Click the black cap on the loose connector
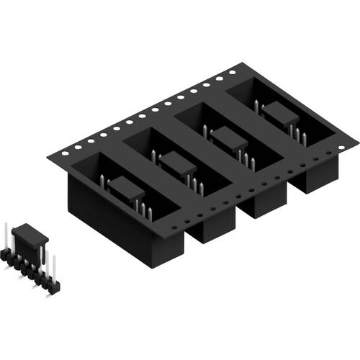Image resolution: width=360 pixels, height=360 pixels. (x=30, y=234)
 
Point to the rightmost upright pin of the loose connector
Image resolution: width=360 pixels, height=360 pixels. (x=53, y=267)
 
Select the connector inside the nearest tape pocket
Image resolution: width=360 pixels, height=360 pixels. (x=127, y=191)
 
